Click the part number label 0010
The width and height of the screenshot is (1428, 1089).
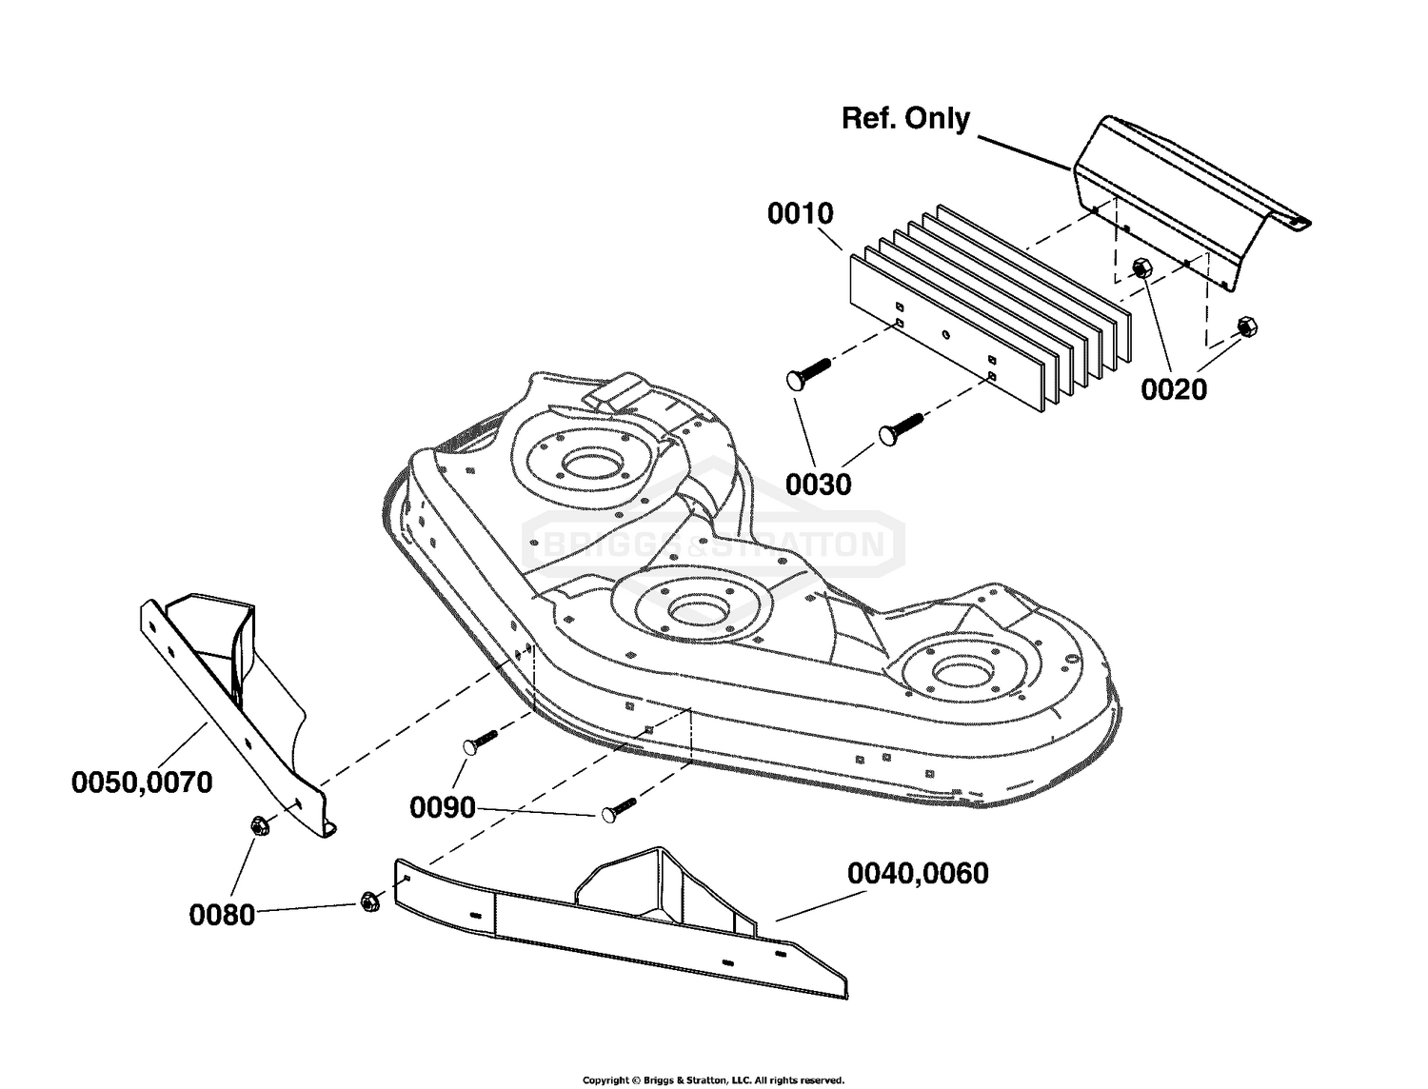click(x=800, y=214)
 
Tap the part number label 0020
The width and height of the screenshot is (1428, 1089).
click(x=1174, y=389)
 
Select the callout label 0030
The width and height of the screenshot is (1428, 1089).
click(x=818, y=485)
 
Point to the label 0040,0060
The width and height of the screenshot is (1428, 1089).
click(x=918, y=874)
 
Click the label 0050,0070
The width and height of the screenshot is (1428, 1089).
click(x=142, y=782)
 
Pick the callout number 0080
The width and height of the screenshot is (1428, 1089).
click(x=221, y=916)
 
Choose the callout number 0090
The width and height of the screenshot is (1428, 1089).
click(x=443, y=808)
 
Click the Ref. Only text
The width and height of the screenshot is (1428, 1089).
click(x=905, y=119)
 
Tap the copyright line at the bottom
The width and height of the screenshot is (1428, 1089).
click(x=713, y=1080)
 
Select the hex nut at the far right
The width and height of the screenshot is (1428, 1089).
click(x=1246, y=326)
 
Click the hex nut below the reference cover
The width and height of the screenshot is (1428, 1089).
click(x=1140, y=267)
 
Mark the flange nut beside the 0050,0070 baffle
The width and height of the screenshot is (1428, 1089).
click(x=258, y=826)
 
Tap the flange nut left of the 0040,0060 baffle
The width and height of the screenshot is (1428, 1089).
click(x=368, y=902)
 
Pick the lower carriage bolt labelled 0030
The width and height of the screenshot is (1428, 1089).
click(x=901, y=428)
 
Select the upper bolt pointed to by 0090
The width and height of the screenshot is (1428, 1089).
click(x=480, y=742)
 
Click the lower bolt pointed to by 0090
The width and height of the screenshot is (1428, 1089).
click(x=620, y=809)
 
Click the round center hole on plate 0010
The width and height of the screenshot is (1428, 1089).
click(x=945, y=335)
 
